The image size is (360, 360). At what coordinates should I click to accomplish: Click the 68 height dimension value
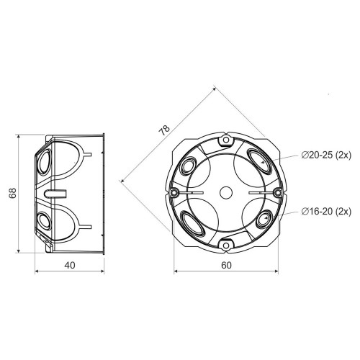coord(12,193)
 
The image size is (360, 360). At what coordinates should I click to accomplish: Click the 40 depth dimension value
coord(70,265)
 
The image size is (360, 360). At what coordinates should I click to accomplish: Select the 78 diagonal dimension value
coord(164,130)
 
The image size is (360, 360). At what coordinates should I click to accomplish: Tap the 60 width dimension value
coord(226,265)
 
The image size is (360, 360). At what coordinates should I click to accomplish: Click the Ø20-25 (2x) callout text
coord(326,156)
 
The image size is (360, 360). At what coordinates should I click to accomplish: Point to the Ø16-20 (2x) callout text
coord(326,212)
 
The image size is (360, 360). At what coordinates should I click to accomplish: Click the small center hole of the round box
coord(226,193)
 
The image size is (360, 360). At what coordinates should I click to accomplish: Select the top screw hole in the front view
coord(226,140)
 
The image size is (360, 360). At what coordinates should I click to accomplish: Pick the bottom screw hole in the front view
coord(226,246)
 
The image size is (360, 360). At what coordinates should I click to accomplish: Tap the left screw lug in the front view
coord(174,192)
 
